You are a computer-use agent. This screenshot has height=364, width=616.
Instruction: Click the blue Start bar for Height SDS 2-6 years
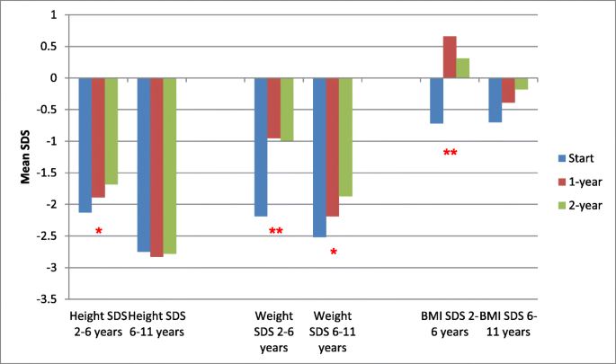click(85, 145)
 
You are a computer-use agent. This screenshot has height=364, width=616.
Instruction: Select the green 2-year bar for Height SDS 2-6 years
click(112, 131)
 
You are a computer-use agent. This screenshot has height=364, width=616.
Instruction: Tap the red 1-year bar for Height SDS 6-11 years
click(156, 167)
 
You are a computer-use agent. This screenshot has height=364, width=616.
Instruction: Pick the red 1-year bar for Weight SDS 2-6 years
click(273, 108)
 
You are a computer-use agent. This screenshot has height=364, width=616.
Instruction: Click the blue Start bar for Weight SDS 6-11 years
click(319, 157)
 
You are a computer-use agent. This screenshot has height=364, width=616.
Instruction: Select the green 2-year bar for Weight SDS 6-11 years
click(345, 137)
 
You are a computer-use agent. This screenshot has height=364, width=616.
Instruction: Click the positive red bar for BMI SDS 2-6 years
click(450, 58)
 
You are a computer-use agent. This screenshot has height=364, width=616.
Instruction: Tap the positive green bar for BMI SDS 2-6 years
click(463, 68)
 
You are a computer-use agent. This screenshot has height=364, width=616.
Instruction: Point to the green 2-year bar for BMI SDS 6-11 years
click(522, 84)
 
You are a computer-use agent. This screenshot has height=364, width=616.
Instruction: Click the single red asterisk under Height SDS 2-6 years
click(99, 233)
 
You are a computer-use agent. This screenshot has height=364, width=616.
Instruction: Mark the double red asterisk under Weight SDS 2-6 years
click(276, 233)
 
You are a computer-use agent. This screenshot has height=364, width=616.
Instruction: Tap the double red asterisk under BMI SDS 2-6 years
click(451, 154)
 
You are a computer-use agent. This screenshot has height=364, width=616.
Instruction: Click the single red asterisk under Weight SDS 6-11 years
click(334, 253)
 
